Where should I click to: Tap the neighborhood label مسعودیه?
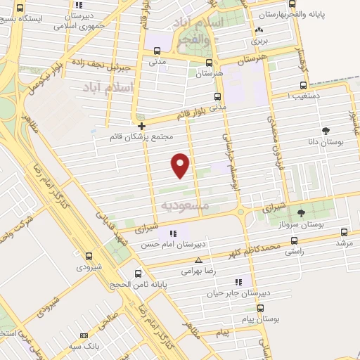tap(186, 205)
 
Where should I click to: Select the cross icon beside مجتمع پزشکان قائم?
tap(142, 127)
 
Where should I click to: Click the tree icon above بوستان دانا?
tap(326, 131)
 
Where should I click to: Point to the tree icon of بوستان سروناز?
tap(301, 213)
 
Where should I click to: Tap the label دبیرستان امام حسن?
tap(203, 245)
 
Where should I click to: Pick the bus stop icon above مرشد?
tap(344, 232)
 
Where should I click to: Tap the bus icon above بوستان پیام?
tap(260, 308)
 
